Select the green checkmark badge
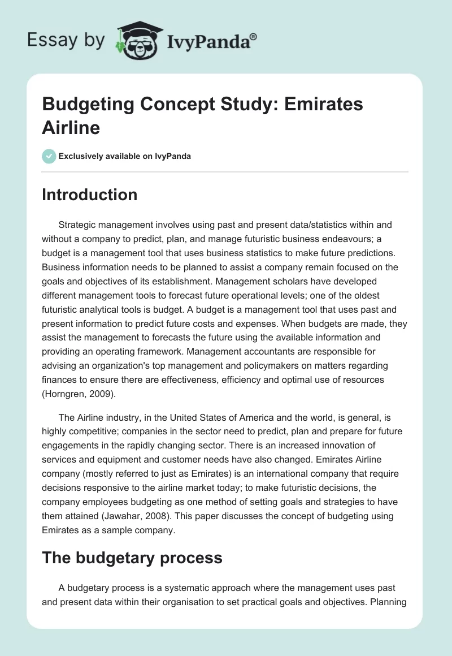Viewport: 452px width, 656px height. point(49,156)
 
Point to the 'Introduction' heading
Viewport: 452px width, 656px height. point(90,195)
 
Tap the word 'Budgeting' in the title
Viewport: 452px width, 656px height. point(90,105)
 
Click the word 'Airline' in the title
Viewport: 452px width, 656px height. point(71,127)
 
